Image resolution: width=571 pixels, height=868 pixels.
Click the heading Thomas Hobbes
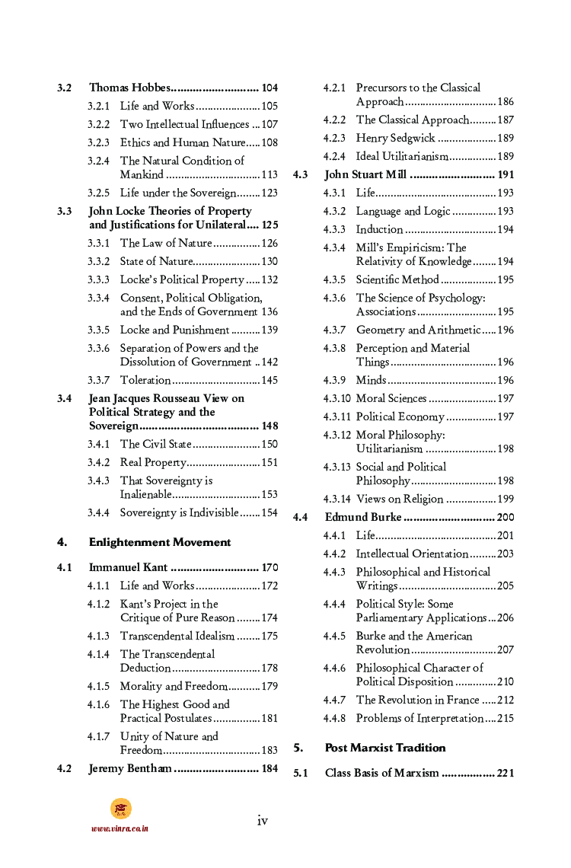pyautogui.click(x=129, y=88)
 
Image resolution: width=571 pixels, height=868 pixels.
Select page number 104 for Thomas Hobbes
pyautogui.click(x=270, y=88)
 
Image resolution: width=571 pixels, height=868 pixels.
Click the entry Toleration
pyautogui.click(x=145, y=380)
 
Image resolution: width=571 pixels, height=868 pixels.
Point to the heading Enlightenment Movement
pyautogui.click(x=160, y=542)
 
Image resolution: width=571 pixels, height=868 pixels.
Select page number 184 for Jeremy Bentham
pyautogui.click(x=270, y=768)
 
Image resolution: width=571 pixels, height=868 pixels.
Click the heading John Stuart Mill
pyautogui.click(x=365, y=174)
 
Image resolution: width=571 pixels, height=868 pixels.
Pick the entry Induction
pyautogui.click(x=379, y=229)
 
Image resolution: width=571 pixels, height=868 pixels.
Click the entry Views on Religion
pyautogui.click(x=399, y=499)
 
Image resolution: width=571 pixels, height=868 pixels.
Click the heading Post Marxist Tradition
pyautogui.click(x=385, y=748)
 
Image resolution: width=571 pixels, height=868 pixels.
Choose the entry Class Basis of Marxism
pyautogui.click(x=381, y=773)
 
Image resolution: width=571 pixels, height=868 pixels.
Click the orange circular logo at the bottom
pyautogui.click(x=120, y=808)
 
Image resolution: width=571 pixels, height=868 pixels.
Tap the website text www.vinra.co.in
pyautogui.click(x=120, y=828)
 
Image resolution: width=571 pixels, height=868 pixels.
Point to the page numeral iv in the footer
pyautogui.click(x=262, y=820)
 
